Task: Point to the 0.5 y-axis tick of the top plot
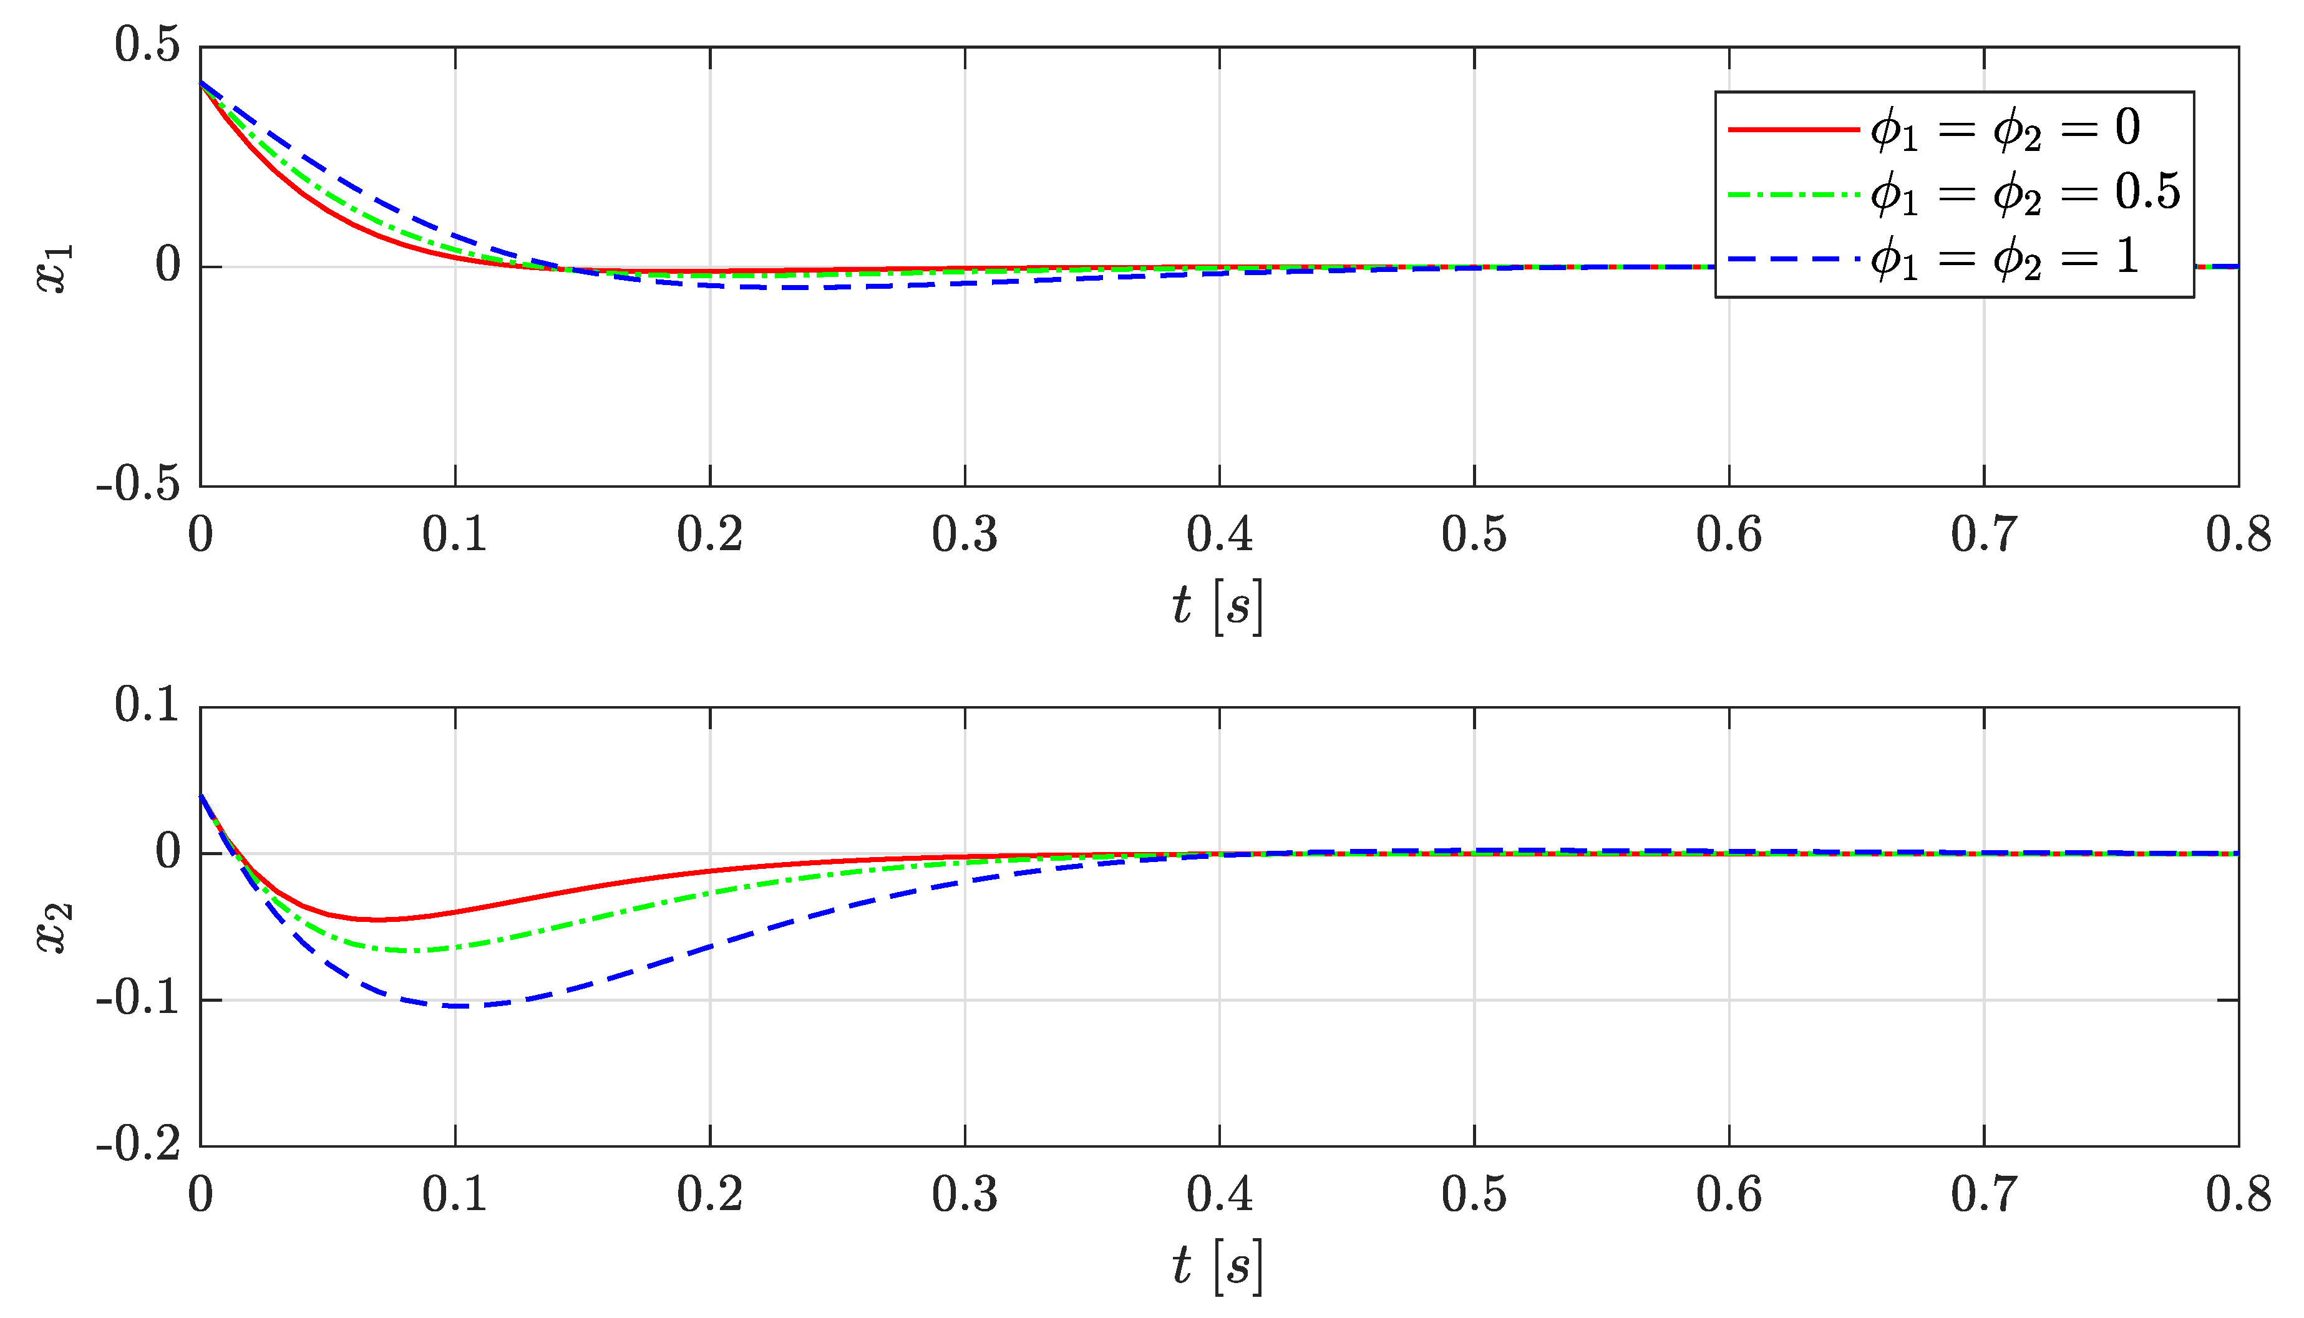pyautogui.click(x=148, y=46)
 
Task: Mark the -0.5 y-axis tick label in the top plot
pyautogui.click(x=139, y=485)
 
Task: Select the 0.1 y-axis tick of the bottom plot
pyautogui.click(x=148, y=705)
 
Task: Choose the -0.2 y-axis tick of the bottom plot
pyautogui.click(x=139, y=1145)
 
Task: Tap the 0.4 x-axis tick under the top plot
pyautogui.click(x=1220, y=535)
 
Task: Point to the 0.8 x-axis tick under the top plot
pyautogui.click(x=2238, y=535)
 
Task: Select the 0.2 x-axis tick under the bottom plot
pyautogui.click(x=710, y=1195)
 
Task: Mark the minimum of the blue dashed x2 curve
pyautogui.click(x=462, y=1005)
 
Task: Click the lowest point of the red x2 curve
pyautogui.click(x=376, y=919)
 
